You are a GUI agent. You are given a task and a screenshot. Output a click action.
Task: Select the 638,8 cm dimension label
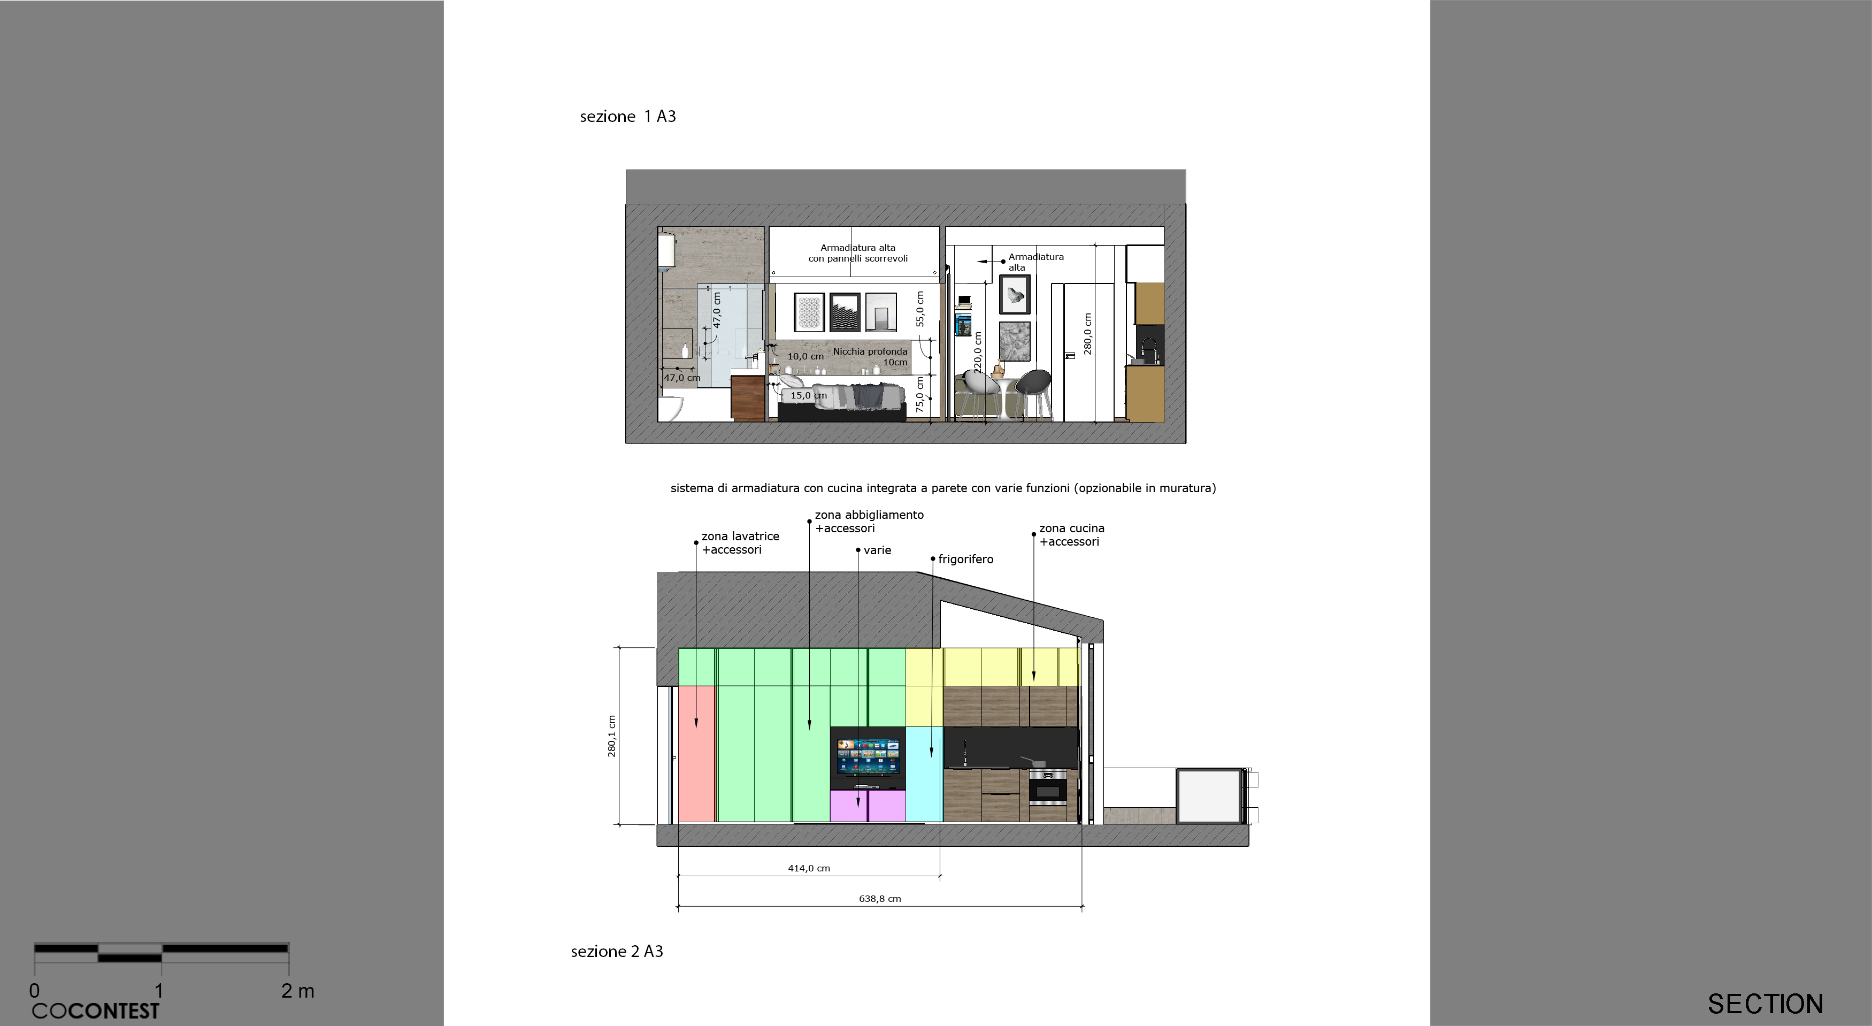click(880, 899)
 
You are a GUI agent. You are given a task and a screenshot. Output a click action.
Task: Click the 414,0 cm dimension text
click(809, 868)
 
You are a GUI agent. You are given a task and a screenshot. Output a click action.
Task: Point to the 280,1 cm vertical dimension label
click(612, 736)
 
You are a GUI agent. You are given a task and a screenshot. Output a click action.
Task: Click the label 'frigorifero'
click(966, 560)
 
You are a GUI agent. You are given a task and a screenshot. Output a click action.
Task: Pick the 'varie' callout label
click(877, 550)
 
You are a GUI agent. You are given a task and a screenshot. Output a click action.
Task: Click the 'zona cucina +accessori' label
click(1071, 535)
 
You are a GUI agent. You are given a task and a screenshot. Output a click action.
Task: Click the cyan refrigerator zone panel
click(924, 774)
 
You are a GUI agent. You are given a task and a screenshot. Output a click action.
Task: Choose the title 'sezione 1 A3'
click(628, 116)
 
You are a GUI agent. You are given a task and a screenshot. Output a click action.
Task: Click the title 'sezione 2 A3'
click(617, 951)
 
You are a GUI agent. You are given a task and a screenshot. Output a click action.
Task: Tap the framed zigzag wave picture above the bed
click(845, 312)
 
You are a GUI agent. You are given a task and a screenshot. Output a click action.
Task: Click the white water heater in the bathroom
click(666, 249)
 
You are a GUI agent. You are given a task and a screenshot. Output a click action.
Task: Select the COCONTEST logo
click(95, 1010)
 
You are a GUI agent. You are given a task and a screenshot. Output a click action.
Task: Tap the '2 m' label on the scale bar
click(298, 990)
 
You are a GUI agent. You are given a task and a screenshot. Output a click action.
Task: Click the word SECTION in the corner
click(1765, 1004)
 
